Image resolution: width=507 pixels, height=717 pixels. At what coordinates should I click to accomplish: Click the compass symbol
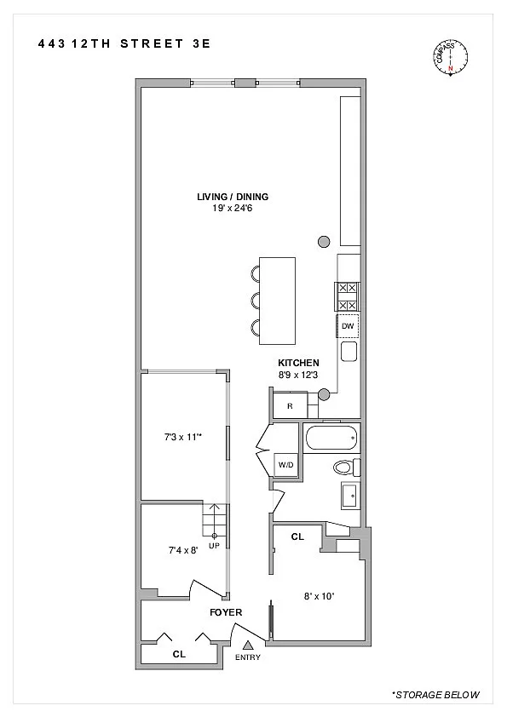click(450, 58)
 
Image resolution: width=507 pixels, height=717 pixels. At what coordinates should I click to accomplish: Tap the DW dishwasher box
click(348, 326)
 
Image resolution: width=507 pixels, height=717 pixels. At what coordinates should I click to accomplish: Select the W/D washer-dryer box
click(286, 465)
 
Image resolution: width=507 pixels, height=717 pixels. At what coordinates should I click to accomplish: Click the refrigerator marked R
click(290, 405)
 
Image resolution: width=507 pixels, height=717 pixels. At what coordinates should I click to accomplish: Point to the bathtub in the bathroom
click(331, 438)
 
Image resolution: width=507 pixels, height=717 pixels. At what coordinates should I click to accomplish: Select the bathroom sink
click(350, 496)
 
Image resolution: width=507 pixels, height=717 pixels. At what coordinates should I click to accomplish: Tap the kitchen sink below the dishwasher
click(349, 352)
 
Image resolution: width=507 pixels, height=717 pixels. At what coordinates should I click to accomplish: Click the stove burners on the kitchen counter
click(348, 297)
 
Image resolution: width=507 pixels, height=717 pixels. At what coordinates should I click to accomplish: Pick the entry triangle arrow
click(248, 645)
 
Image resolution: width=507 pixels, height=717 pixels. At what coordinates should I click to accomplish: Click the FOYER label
click(226, 612)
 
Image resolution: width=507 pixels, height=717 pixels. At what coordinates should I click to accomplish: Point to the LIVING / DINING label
click(233, 197)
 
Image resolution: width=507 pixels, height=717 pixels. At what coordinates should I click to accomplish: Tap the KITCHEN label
click(298, 363)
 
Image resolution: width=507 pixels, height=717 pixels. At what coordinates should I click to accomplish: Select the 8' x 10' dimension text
click(320, 596)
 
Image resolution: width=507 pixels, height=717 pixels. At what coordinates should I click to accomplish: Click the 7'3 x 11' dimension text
click(183, 437)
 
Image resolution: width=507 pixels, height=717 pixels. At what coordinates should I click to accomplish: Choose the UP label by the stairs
click(214, 546)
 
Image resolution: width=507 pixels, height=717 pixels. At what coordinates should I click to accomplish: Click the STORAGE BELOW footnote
click(435, 695)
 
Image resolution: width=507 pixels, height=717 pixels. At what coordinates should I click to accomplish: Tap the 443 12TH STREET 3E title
click(124, 44)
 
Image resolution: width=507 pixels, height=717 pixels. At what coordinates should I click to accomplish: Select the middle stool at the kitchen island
click(255, 301)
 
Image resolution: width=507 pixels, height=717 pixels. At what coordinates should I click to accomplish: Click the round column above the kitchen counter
click(324, 241)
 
